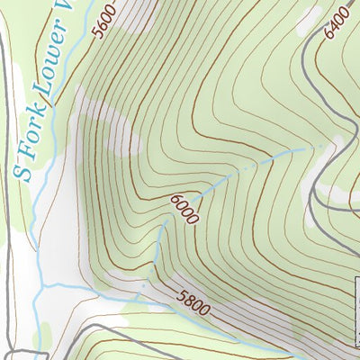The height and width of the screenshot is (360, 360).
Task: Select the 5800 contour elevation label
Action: [193, 303]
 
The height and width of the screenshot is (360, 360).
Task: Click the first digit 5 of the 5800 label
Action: [181, 294]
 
